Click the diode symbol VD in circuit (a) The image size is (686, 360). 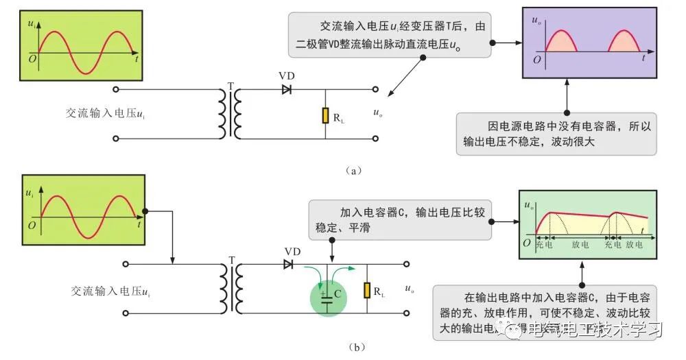(x=287, y=89)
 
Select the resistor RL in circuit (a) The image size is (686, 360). (x=325, y=115)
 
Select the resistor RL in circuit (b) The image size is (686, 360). (x=367, y=291)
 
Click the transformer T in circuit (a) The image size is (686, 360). (x=230, y=113)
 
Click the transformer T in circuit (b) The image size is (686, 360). (x=230, y=288)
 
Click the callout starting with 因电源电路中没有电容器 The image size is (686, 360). (x=556, y=134)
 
